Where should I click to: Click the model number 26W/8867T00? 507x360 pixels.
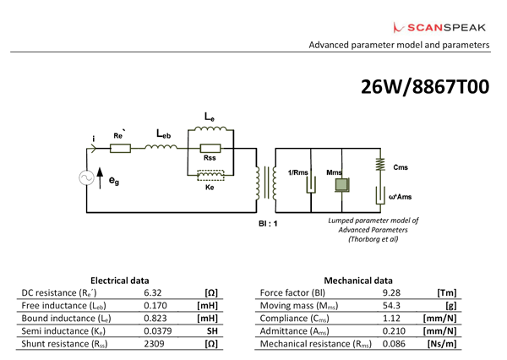coord(424,88)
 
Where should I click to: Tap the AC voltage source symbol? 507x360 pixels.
coord(87,177)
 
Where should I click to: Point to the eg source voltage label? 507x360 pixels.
coord(113,180)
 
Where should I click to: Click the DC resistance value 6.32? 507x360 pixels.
coord(152,291)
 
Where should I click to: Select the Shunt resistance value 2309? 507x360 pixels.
coord(152,345)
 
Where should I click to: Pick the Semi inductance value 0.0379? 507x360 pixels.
coord(152,331)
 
